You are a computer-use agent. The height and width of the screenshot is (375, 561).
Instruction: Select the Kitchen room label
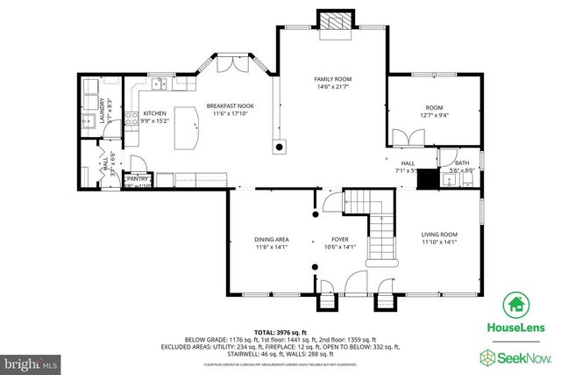[155, 113]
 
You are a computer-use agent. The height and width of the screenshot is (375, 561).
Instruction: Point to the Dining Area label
[272, 239]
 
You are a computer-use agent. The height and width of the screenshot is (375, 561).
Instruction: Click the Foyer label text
[339, 239]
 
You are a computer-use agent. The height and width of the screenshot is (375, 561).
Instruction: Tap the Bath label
[462, 162]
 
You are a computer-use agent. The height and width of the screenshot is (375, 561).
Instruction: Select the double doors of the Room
[405, 137]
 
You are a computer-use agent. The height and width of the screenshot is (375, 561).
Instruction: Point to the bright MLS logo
[31, 360]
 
